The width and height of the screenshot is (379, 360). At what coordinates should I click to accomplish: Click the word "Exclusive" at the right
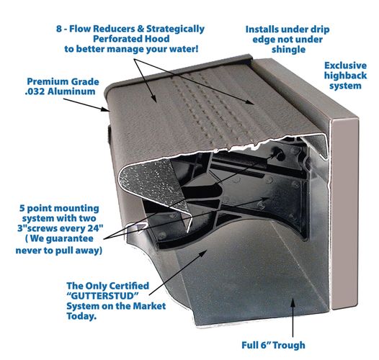coord(345,65)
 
